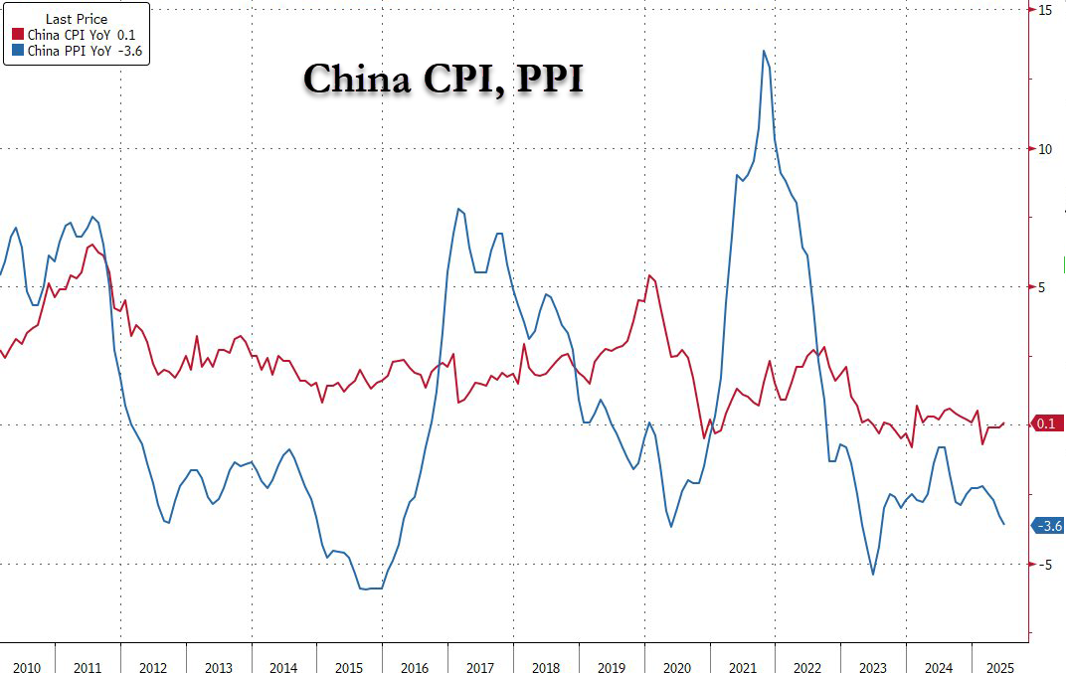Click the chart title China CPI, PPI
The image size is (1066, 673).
click(443, 80)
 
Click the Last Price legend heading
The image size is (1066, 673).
click(77, 17)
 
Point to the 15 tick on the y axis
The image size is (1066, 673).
click(1045, 10)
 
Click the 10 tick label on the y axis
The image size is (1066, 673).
click(1045, 149)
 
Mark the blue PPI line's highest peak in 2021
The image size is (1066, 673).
click(763, 51)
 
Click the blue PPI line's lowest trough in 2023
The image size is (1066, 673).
click(873, 574)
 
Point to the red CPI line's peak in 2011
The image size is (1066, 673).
click(90, 245)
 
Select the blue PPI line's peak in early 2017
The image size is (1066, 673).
click(457, 209)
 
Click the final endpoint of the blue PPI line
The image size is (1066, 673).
click(1003, 524)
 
